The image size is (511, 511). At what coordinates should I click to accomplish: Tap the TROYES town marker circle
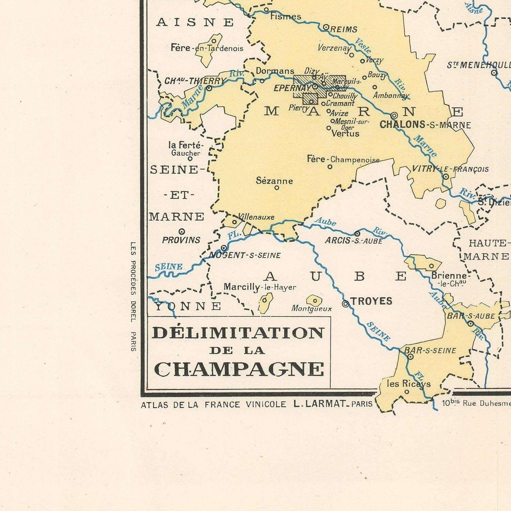[x=345, y=304]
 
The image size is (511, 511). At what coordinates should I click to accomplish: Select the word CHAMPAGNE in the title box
[x=239, y=369]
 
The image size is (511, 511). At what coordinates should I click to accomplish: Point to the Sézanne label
[x=274, y=181]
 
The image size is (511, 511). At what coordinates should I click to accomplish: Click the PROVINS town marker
[x=182, y=231]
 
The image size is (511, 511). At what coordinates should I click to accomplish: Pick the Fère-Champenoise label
[x=343, y=159]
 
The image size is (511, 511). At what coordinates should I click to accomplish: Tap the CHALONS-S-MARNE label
[x=425, y=125]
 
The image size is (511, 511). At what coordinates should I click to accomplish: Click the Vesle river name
[x=363, y=46]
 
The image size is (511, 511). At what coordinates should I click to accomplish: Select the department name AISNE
[x=195, y=23]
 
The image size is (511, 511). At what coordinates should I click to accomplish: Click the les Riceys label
[x=408, y=384]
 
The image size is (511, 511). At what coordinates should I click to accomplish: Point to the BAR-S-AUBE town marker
[x=470, y=323]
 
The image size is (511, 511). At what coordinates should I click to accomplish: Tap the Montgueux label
[x=311, y=309]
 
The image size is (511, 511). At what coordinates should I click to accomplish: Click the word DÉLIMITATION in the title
[x=238, y=333]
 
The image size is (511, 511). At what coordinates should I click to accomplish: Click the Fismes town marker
[x=266, y=10]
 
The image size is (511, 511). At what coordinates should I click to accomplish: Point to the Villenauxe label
[x=256, y=217]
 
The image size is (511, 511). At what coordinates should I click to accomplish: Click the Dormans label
[x=275, y=71]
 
